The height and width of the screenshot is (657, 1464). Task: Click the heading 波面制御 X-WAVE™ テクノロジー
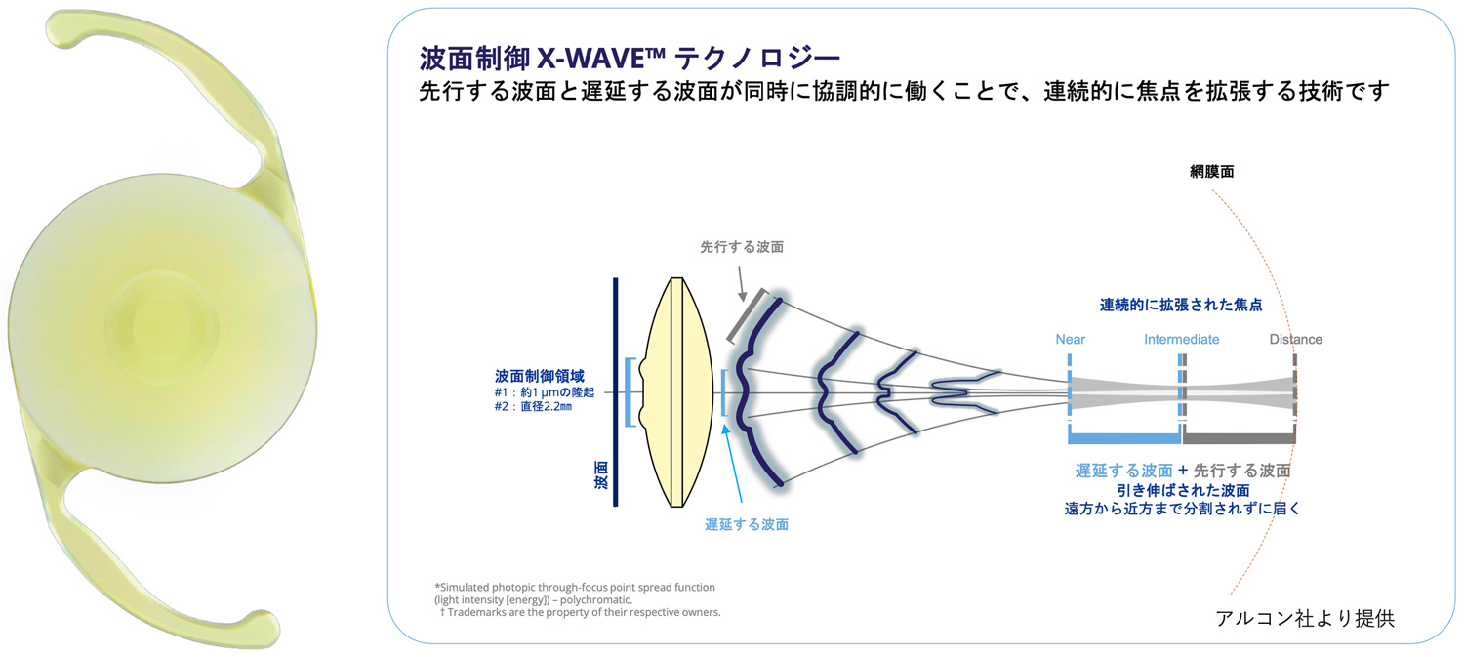(x=630, y=59)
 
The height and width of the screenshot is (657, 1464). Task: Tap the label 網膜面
(x=1212, y=172)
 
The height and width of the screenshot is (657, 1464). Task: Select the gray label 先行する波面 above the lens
(x=742, y=247)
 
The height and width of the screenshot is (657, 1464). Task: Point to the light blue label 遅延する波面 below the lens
(x=747, y=525)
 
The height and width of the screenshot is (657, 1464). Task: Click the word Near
(x=1070, y=340)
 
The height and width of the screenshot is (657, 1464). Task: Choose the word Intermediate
(x=1182, y=340)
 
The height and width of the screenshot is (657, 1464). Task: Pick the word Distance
(x=1295, y=340)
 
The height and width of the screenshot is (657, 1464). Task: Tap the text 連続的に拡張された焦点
(x=1181, y=305)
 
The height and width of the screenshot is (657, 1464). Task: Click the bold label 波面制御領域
(x=539, y=376)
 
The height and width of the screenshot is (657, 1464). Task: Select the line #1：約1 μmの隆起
(x=545, y=392)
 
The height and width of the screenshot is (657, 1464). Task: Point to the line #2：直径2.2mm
(x=533, y=407)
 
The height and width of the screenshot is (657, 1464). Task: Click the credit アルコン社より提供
(x=1305, y=618)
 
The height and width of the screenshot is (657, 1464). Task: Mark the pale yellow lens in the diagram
(x=677, y=392)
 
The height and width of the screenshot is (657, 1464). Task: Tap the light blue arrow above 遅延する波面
(x=732, y=463)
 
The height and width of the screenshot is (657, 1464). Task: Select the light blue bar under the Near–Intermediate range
(x=1124, y=438)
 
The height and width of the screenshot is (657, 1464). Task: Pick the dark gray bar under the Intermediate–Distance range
(x=1240, y=438)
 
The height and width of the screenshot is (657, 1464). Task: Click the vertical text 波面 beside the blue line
(x=600, y=475)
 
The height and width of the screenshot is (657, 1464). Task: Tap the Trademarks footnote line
(x=581, y=612)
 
